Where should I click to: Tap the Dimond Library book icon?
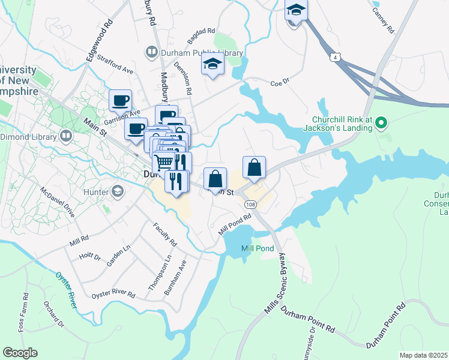(67, 136)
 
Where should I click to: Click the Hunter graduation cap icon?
(118, 192)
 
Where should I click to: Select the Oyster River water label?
(67, 290)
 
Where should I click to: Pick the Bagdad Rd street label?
(200, 35)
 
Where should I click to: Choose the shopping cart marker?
(163, 161)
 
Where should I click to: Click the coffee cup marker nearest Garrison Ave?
(120, 100)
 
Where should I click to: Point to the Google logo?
(19, 352)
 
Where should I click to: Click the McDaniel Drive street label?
(58, 205)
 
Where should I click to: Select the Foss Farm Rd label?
(25, 312)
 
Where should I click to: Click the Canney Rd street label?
(382, 20)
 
